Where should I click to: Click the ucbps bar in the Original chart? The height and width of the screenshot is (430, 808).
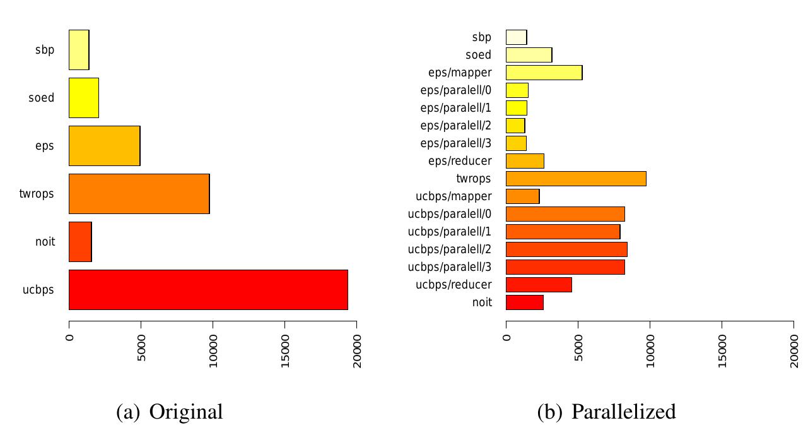[x=208, y=290]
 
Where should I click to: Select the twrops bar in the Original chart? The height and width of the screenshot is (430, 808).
[x=139, y=194]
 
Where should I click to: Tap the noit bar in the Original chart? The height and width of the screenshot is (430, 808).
[x=80, y=242]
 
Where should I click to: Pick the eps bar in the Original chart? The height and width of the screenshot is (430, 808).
[x=104, y=146]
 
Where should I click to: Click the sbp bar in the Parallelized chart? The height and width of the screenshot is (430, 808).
[x=516, y=37]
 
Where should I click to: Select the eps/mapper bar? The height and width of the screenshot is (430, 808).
[x=544, y=73]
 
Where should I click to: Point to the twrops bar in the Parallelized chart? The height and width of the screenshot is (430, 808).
[x=576, y=179]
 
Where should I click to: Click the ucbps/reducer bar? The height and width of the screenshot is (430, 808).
[x=539, y=285]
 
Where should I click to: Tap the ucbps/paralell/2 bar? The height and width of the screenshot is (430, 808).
[x=566, y=249]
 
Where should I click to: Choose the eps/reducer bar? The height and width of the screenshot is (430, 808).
[x=525, y=161]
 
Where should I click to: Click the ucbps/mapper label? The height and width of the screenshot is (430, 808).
[x=454, y=196]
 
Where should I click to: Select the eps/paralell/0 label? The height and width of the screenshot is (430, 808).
[x=455, y=90]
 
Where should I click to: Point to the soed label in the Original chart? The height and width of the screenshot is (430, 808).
[x=42, y=98]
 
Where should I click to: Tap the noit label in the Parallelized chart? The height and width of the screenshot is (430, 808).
[x=482, y=302]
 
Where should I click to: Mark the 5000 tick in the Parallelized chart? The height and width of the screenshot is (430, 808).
[x=578, y=346]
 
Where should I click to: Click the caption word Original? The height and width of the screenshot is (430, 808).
[x=186, y=412]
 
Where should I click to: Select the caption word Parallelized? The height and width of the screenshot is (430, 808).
[x=623, y=412]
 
